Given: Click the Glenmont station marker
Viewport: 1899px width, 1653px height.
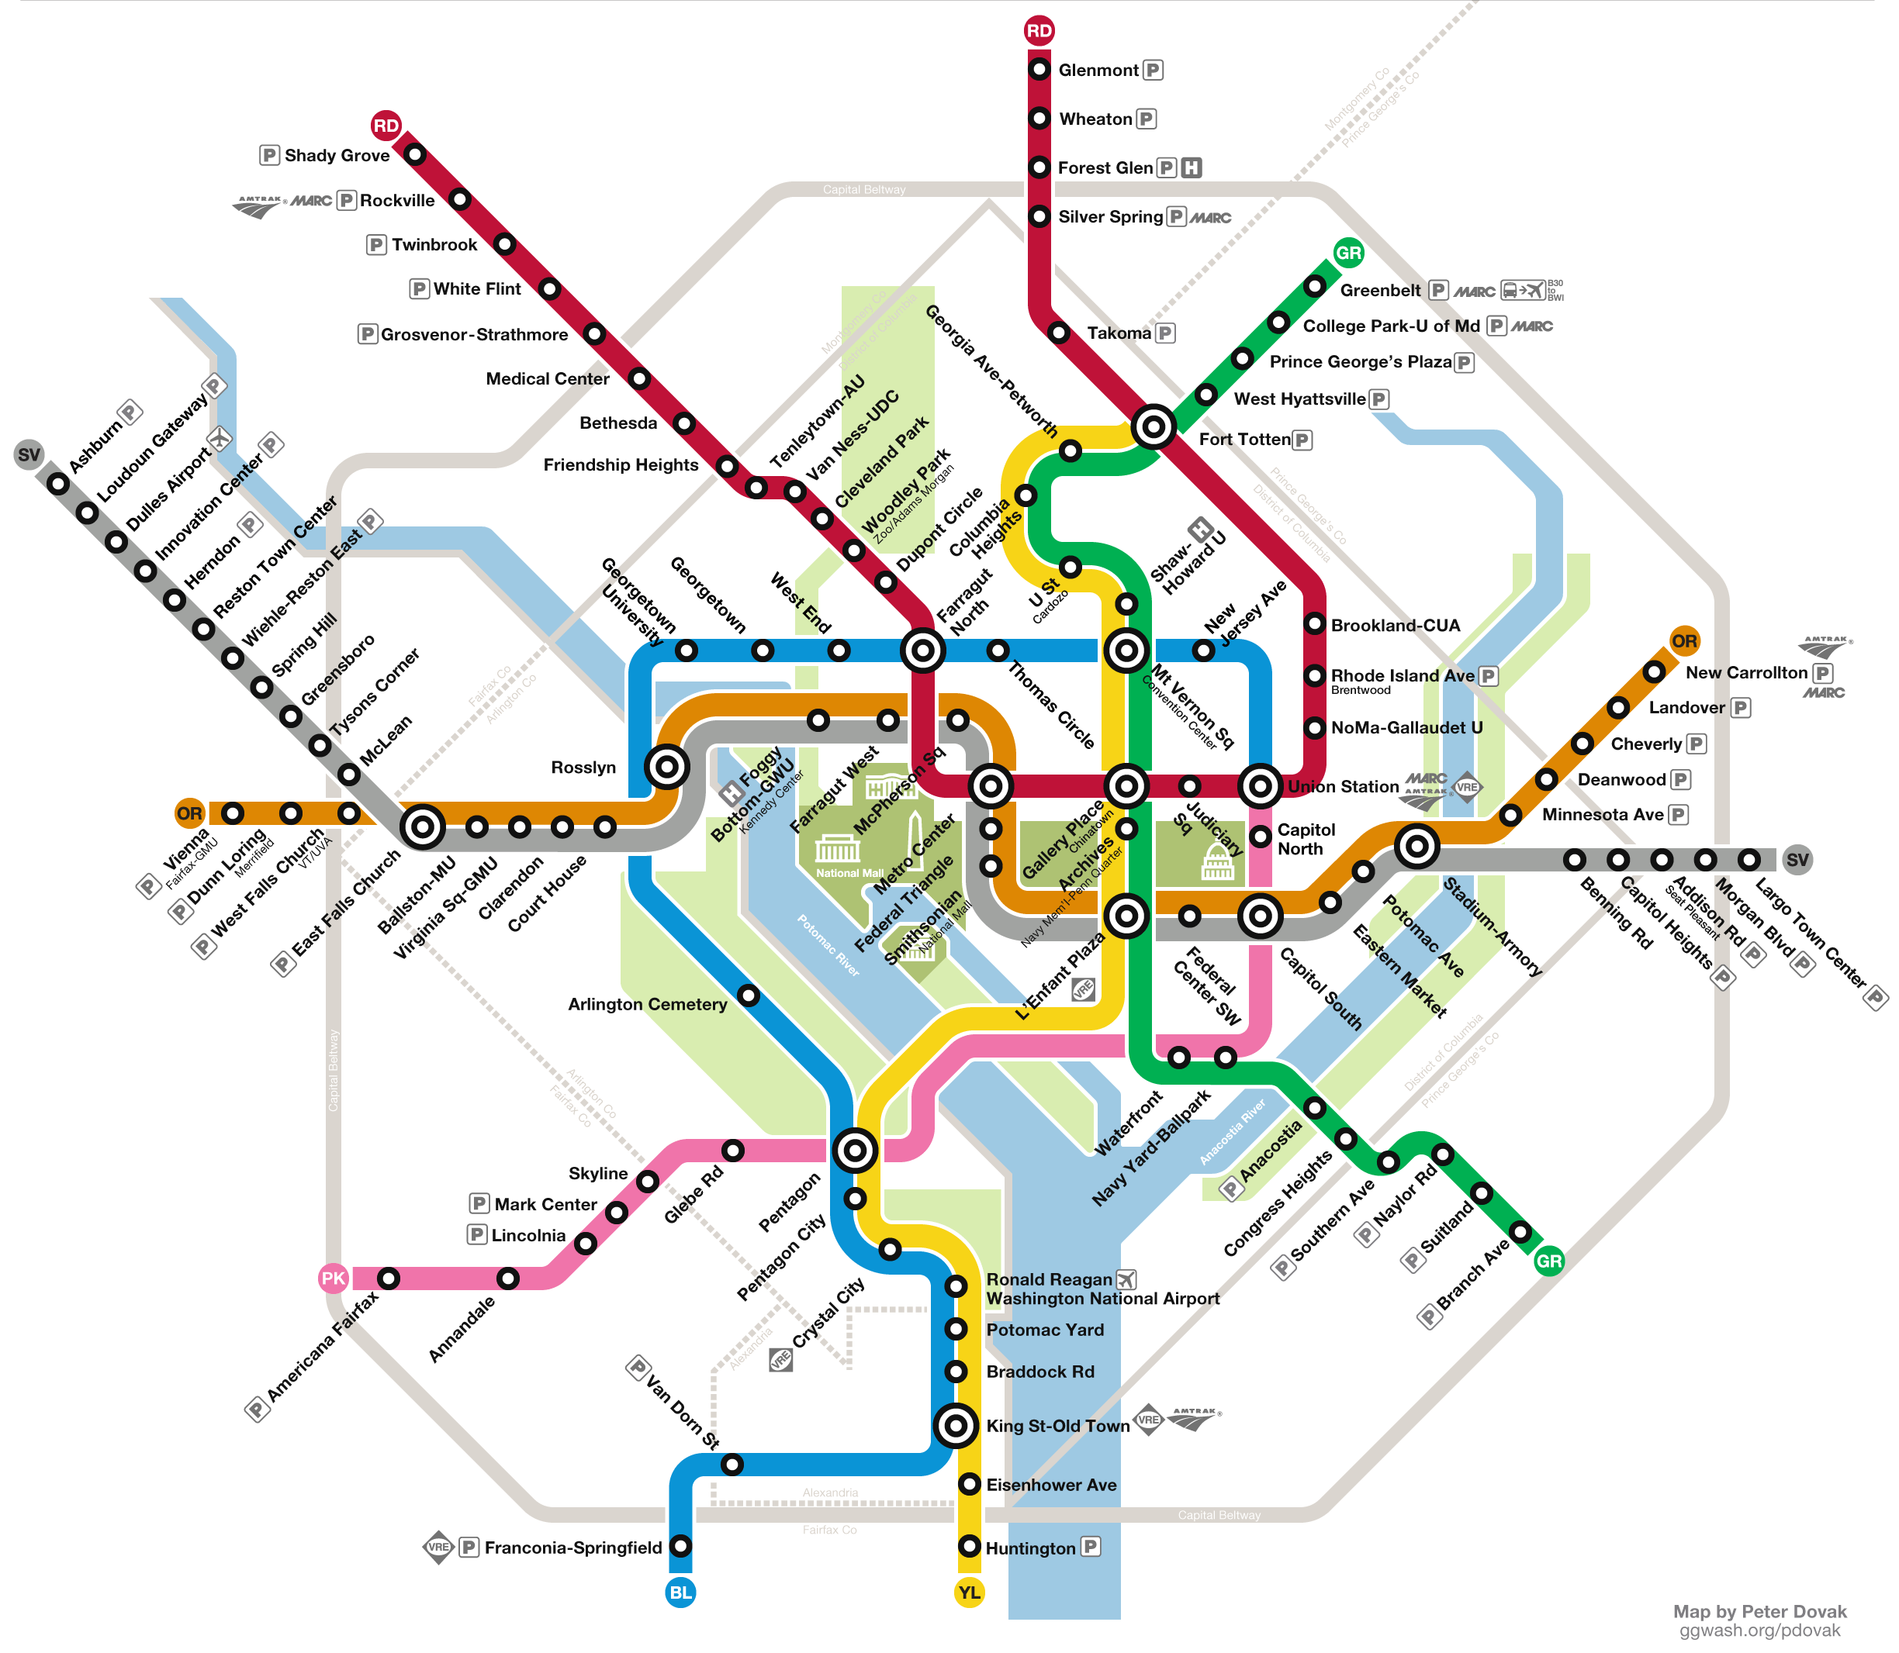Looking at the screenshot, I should pyautogui.click(x=1039, y=69).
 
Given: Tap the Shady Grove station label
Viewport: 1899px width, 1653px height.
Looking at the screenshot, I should pyautogui.click(x=337, y=155).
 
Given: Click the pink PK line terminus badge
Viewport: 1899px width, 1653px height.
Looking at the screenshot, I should pyautogui.click(x=332, y=1278).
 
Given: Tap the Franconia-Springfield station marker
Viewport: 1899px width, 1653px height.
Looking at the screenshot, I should pyautogui.click(x=680, y=1545).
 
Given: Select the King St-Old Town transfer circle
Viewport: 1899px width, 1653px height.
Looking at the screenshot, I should pyautogui.click(x=955, y=1425).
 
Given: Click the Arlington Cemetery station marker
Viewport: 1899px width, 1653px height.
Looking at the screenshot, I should pyautogui.click(x=749, y=996).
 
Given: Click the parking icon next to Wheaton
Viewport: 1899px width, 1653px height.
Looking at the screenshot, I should pyautogui.click(x=1146, y=118).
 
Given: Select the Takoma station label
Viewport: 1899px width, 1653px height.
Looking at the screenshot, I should pyautogui.click(x=1119, y=333).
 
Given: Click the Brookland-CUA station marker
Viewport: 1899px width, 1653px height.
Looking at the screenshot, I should pyautogui.click(x=1314, y=623).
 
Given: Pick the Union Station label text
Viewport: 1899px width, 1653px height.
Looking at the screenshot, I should pyautogui.click(x=1343, y=786).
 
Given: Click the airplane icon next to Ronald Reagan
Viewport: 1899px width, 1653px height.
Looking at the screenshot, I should pyautogui.click(x=1126, y=1279).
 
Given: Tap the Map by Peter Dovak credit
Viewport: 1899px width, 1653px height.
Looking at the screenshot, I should pyautogui.click(x=1759, y=1610).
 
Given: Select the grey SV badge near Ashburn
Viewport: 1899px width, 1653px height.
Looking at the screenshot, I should pyautogui.click(x=29, y=454).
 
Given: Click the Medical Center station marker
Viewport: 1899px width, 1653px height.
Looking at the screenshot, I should pyautogui.click(x=638, y=378).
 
